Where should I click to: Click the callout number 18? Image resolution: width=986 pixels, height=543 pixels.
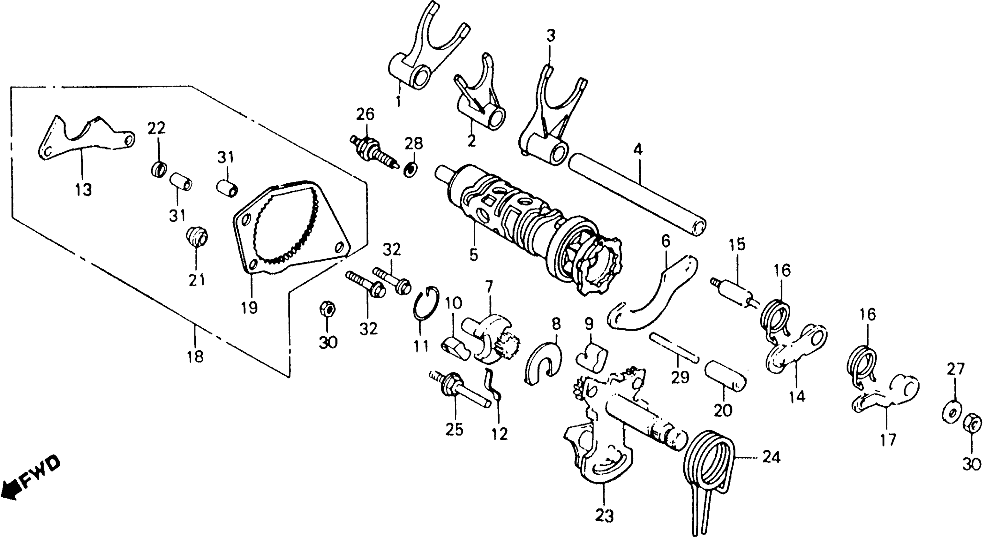[x=195, y=357]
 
